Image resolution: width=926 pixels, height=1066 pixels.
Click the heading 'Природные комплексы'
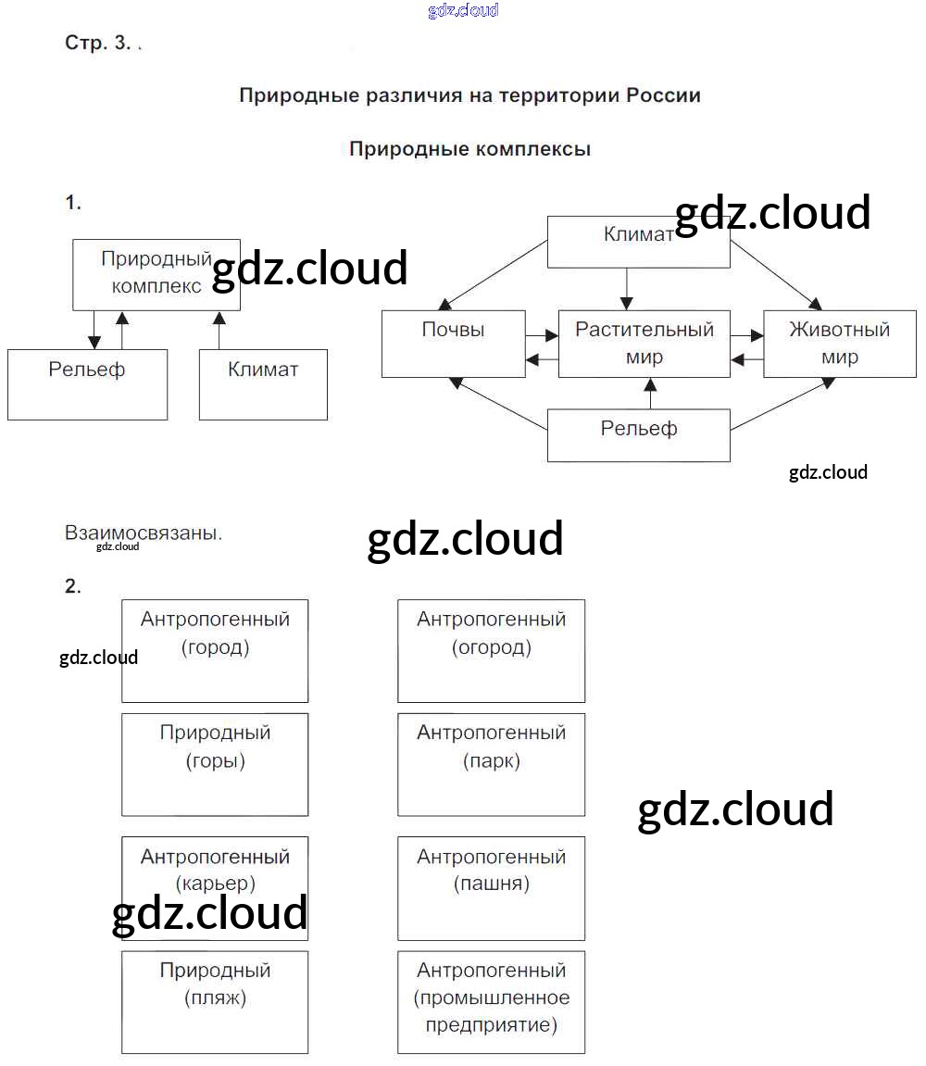(x=469, y=149)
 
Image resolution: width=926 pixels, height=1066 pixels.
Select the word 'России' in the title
(x=663, y=95)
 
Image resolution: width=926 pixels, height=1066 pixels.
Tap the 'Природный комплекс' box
(x=156, y=273)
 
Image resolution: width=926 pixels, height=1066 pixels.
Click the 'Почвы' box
(x=453, y=344)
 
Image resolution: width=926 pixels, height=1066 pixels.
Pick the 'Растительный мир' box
(x=644, y=344)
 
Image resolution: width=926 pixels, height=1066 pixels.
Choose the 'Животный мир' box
(x=839, y=344)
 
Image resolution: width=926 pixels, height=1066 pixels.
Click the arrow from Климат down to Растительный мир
(x=627, y=288)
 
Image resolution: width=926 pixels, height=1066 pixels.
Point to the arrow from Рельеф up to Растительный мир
(x=650, y=393)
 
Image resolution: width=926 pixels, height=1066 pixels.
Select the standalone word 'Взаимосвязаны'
(x=143, y=533)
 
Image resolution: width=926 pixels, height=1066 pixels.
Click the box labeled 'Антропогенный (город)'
(x=215, y=650)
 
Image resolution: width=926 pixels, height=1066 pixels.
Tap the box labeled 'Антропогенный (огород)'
(x=491, y=650)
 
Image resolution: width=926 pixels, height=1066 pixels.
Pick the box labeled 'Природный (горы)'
(x=215, y=764)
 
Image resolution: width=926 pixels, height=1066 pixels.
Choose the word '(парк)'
(x=491, y=761)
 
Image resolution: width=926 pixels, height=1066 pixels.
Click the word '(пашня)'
(x=491, y=884)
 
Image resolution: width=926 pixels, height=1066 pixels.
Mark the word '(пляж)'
(x=215, y=998)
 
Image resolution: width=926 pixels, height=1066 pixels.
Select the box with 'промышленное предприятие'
(x=491, y=1002)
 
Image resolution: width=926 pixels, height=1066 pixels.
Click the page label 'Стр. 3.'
(x=99, y=43)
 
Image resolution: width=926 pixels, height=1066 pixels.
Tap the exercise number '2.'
(x=73, y=586)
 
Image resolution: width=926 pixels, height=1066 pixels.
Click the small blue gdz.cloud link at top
(x=463, y=10)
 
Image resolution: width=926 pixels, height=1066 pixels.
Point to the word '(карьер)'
(x=215, y=884)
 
